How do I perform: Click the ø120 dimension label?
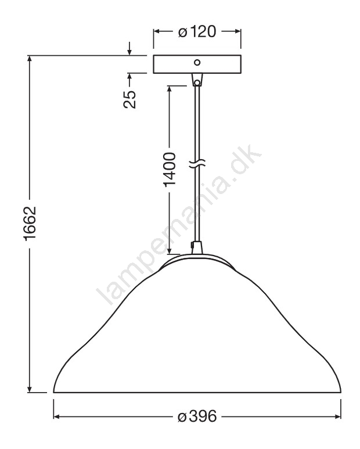(197, 31)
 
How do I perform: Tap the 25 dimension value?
(129, 99)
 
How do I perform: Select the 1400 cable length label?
(170, 170)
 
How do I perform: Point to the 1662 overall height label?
(30, 224)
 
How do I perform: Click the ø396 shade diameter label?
(197, 416)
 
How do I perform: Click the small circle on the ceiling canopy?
(197, 62)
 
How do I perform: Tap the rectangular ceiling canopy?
(197, 64)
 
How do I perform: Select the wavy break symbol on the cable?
(197, 163)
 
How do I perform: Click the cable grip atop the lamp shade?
(196, 248)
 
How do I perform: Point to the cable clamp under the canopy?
(197, 80)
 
